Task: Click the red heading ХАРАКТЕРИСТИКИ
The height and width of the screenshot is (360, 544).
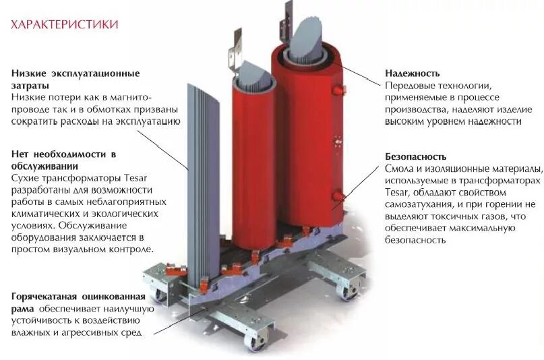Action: [65, 25]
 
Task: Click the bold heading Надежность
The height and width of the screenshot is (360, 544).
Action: [413, 73]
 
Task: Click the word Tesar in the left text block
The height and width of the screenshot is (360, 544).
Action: [135, 177]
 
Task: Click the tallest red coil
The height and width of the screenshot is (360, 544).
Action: [307, 142]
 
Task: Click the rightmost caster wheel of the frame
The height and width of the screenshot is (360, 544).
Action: [350, 291]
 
